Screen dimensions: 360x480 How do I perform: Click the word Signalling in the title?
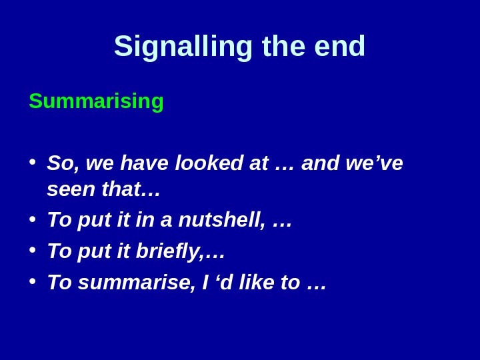pos(183,47)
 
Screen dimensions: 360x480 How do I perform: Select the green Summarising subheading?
pos(96,101)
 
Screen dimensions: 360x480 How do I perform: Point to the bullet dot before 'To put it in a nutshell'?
pos(32,219)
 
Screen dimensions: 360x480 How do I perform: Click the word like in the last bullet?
pos(257,283)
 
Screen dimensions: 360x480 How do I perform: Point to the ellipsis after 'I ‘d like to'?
pos(317,284)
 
